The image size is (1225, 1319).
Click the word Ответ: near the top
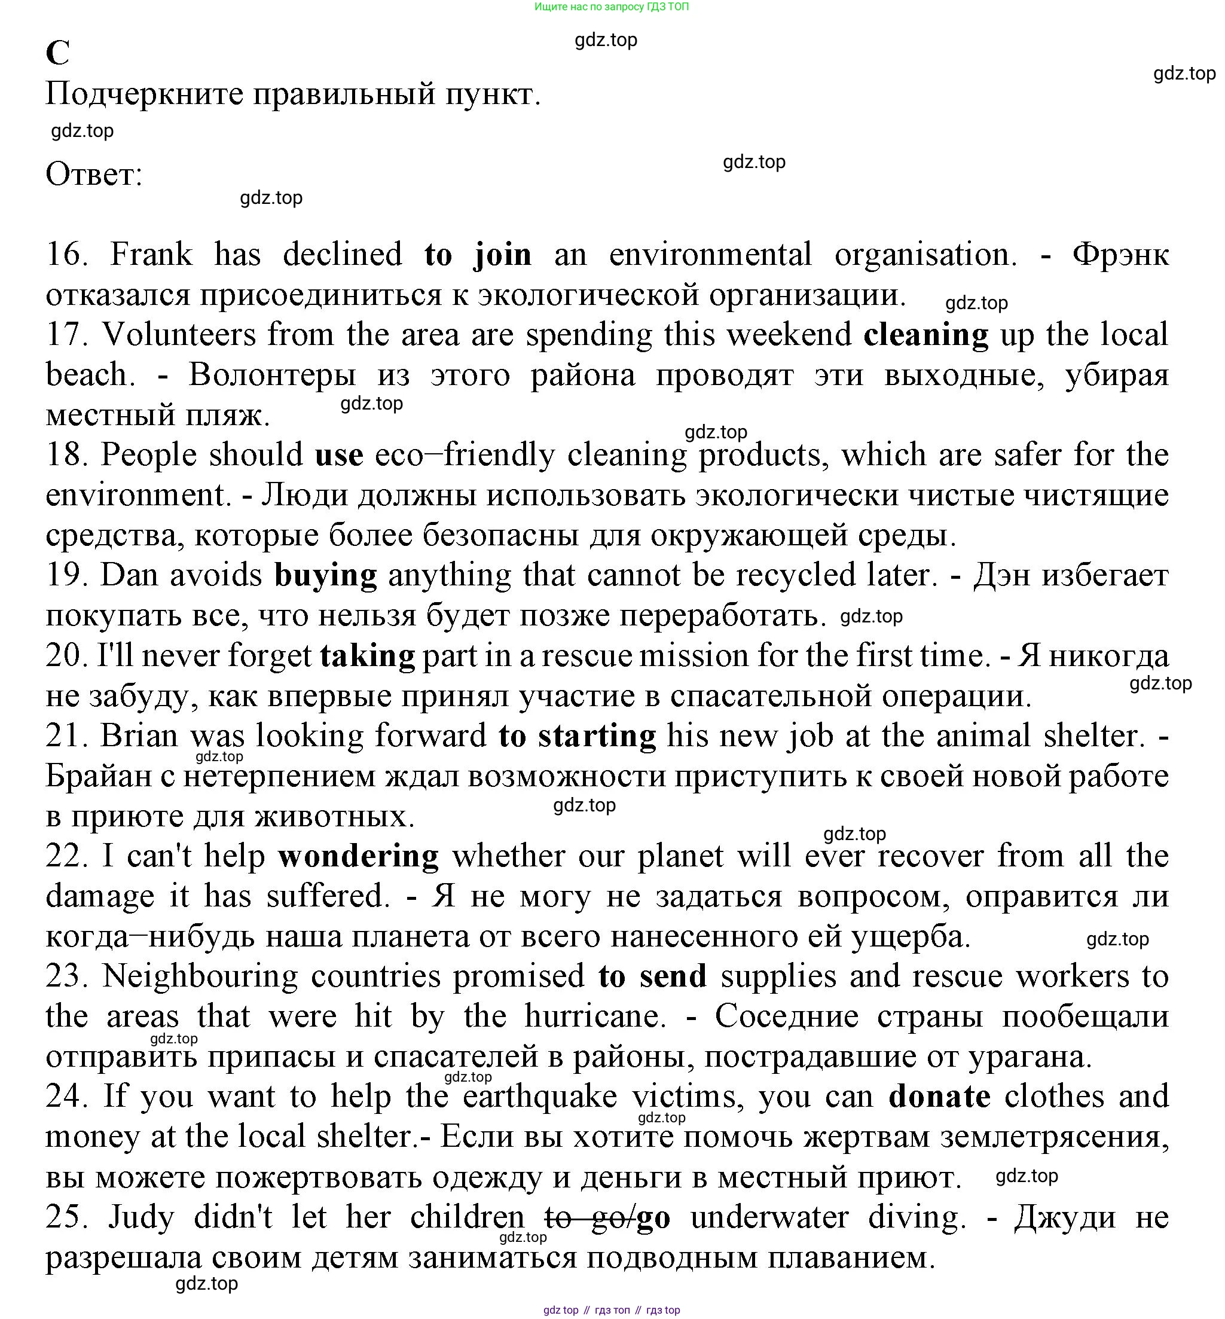94,175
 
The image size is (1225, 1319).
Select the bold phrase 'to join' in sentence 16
478,255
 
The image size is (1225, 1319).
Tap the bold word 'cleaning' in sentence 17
925,335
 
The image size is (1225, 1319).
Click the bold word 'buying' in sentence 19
325,575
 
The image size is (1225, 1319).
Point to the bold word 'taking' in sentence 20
367,655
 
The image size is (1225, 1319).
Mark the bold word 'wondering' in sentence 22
358,856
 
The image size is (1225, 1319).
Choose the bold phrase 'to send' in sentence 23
652,976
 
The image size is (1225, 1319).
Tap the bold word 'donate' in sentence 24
939,1097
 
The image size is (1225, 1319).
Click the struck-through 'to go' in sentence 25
586,1217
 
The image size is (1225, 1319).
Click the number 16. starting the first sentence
67,255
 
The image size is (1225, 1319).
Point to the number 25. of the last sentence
67,1217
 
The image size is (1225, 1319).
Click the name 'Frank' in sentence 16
151,255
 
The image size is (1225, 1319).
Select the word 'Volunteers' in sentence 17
179,335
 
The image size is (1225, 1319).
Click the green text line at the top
611,7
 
